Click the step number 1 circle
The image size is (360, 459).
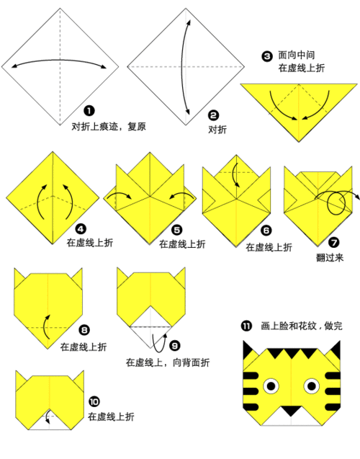click(89, 111)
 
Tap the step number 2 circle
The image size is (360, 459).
click(213, 115)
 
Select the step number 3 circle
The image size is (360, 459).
click(267, 55)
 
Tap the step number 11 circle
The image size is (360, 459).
click(247, 326)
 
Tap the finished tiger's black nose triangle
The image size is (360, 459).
click(291, 411)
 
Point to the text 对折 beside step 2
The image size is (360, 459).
click(217, 130)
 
